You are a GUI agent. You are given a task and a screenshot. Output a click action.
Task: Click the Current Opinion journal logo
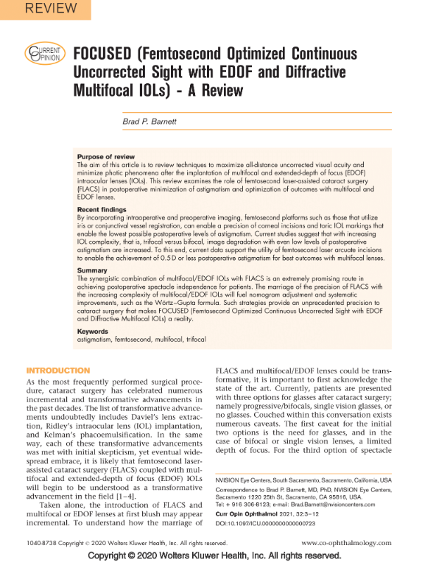tap(43, 55)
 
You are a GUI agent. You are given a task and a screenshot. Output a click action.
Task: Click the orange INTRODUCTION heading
tap(58, 370)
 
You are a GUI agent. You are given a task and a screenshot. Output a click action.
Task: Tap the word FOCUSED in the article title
tap(101, 55)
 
